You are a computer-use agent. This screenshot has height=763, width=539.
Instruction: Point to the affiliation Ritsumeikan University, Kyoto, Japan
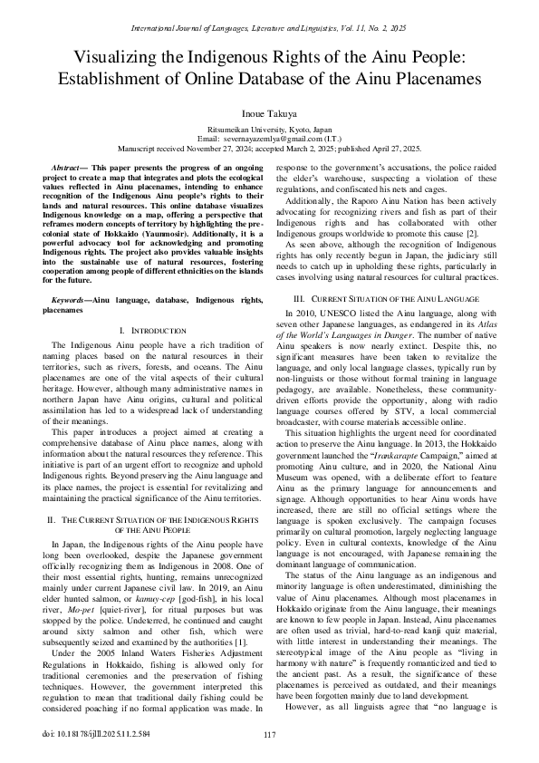(x=269, y=130)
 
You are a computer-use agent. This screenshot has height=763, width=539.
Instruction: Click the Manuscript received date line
(x=269, y=147)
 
